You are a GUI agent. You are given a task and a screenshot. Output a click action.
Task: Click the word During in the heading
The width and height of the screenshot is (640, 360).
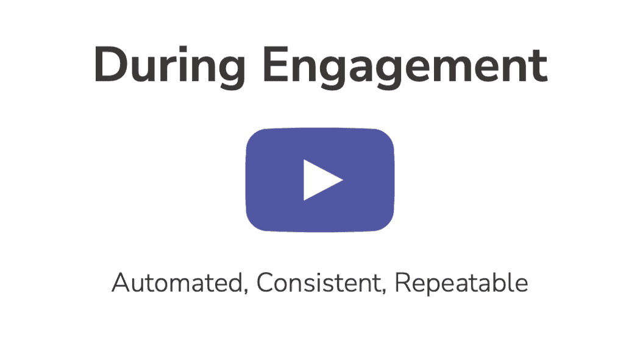click(170, 67)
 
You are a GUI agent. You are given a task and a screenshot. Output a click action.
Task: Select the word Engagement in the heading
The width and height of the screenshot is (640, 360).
click(405, 67)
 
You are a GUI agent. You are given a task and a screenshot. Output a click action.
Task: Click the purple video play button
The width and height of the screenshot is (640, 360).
click(320, 180)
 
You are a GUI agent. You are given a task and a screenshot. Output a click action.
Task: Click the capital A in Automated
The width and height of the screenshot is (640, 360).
click(122, 282)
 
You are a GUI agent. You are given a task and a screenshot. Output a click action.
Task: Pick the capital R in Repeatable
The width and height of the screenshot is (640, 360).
click(404, 282)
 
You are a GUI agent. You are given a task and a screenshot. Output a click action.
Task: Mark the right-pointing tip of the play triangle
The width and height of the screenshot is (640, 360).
click(343, 180)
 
